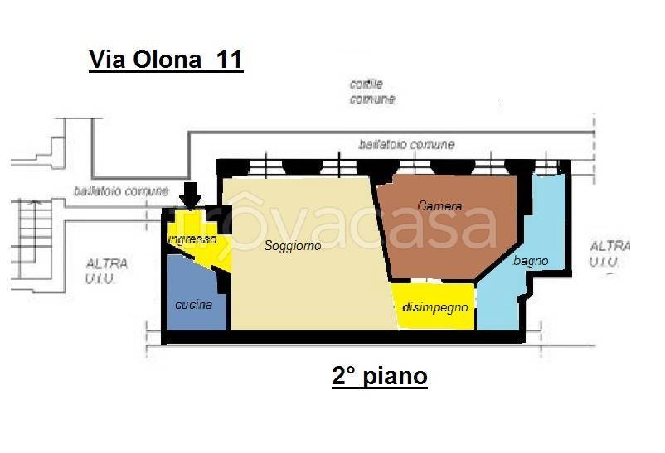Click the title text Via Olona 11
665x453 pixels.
(x=166, y=61)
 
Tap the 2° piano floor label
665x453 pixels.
(x=380, y=378)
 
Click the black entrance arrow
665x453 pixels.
(x=191, y=196)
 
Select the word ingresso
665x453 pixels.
(x=192, y=239)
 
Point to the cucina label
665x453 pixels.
(x=193, y=305)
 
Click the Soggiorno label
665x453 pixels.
(x=292, y=246)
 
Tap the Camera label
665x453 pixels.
(x=439, y=205)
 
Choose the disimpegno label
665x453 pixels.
(x=434, y=307)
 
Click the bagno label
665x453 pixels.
(x=531, y=261)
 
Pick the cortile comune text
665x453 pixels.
(x=372, y=92)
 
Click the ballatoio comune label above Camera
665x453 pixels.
(x=406, y=144)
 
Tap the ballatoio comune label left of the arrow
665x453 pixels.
(x=120, y=190)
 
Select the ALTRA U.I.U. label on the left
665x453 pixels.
(x=107, y=271)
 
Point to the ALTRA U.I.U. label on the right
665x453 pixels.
(x=609, y=254)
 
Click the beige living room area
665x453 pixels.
(x=307, y=282)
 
